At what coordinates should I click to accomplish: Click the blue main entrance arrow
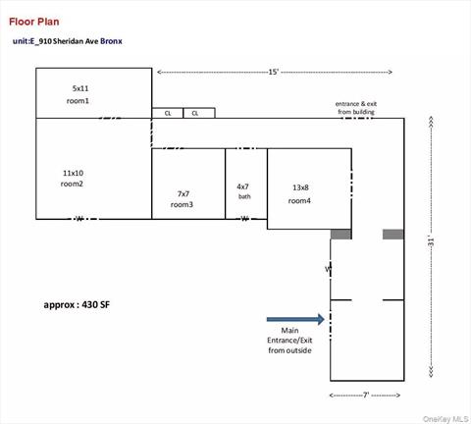point(295,319)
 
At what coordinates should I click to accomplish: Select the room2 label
point(72,184)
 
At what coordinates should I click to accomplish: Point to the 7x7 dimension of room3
point(183,193)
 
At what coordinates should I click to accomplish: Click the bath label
point(244,196)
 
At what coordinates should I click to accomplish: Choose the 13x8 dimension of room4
point(300,187)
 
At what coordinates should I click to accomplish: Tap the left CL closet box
point(168,113)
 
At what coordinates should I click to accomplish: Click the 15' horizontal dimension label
point(275,72)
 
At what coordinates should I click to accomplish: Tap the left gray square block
point(340,235)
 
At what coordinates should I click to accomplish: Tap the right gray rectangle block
point(392,235)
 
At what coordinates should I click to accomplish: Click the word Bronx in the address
point(111,42)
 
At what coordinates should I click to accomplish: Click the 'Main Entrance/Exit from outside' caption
point(289,340)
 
